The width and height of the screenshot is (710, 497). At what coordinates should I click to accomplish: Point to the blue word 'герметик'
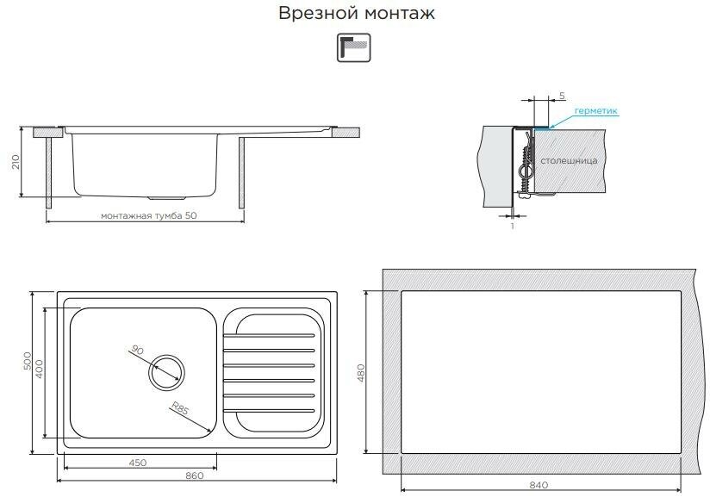595,111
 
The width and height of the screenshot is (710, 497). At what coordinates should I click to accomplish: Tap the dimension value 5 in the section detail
561,95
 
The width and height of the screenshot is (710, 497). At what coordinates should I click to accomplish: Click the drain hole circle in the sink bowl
165,372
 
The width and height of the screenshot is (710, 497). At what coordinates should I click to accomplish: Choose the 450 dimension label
136,462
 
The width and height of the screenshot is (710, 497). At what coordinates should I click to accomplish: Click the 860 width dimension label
194,475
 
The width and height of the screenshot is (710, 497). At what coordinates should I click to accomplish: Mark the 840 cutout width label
539,483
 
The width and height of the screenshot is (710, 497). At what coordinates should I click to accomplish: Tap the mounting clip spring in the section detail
525,167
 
